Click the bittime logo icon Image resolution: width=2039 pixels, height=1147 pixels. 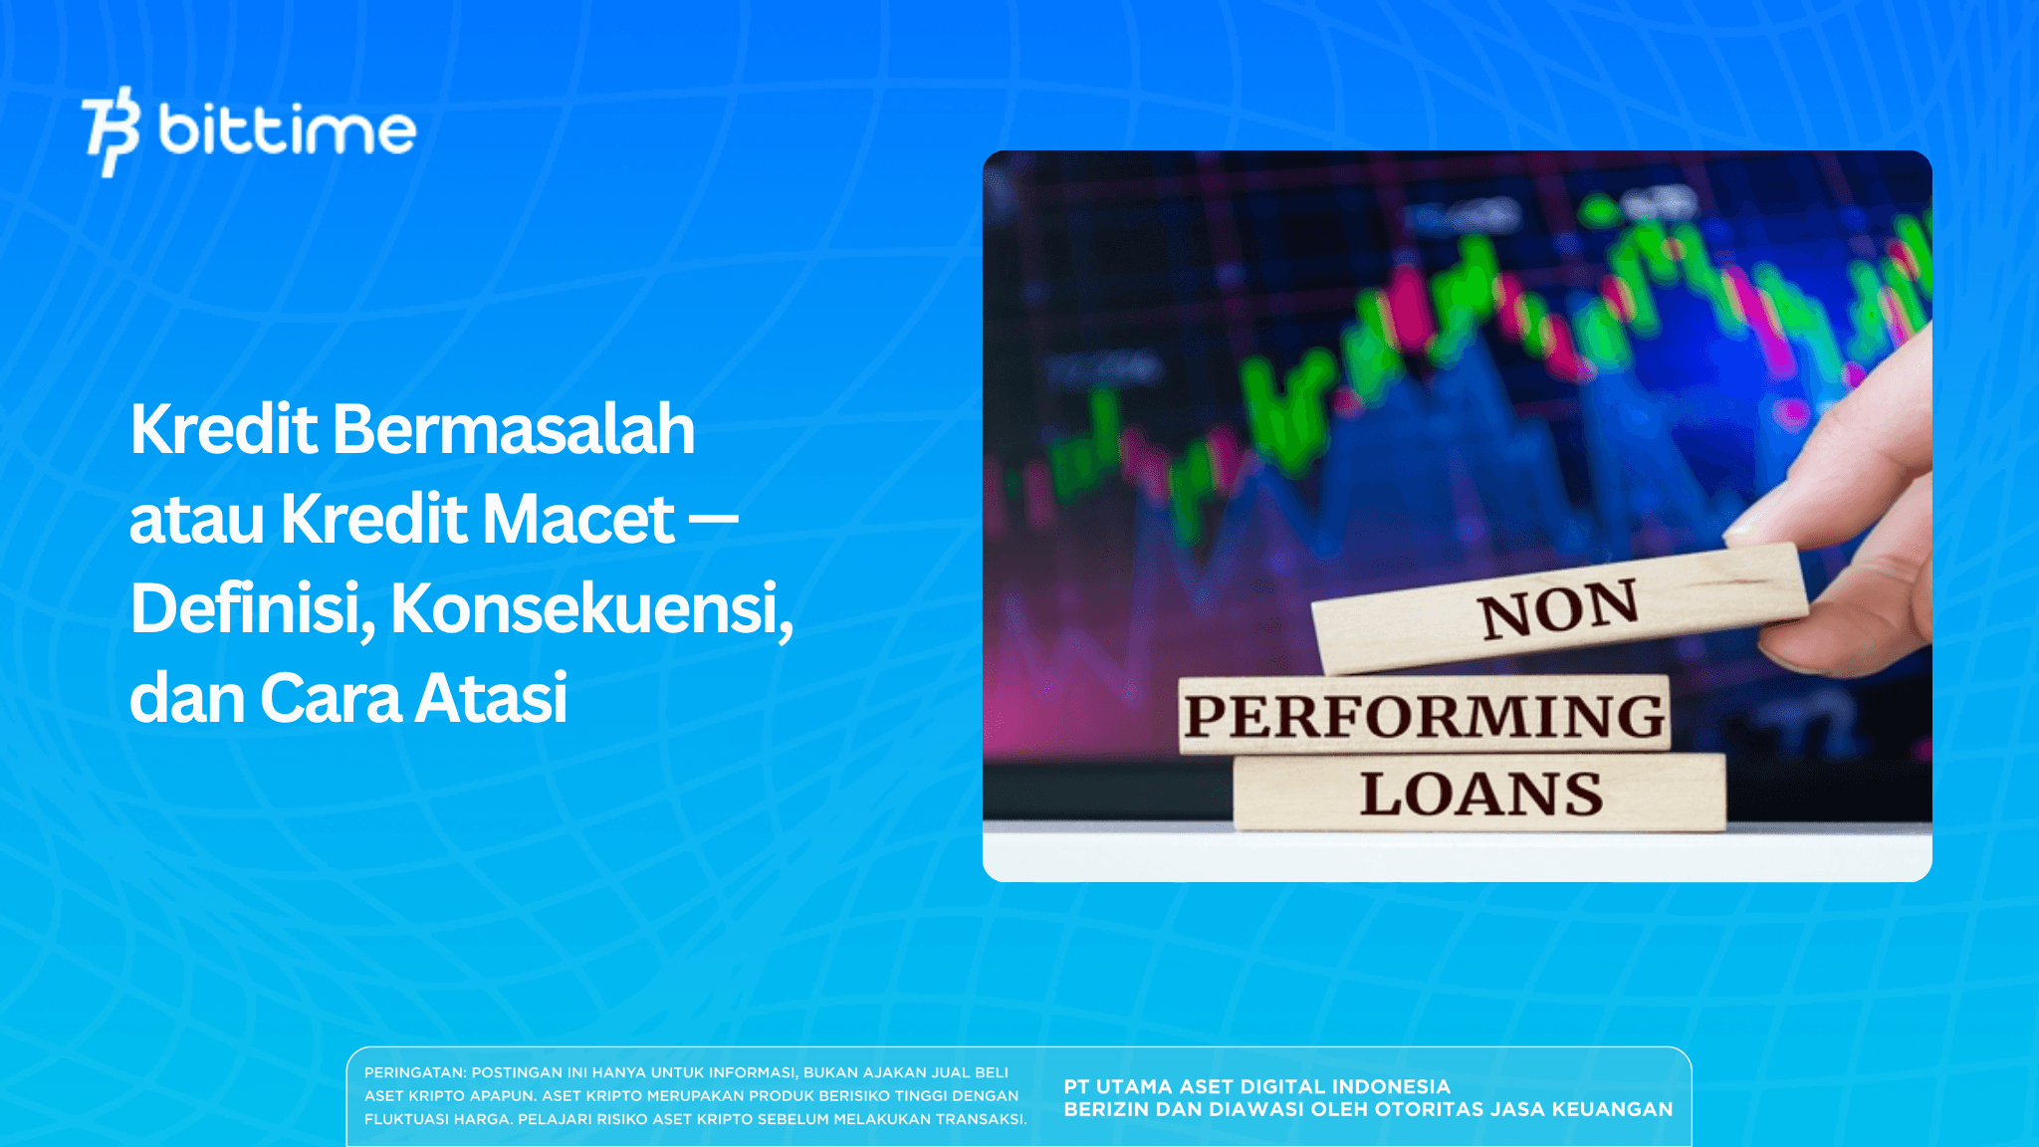110,131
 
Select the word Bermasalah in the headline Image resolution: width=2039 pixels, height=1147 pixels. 513,430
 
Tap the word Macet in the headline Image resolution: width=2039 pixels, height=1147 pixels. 577,520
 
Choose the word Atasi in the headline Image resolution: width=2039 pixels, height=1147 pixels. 491,698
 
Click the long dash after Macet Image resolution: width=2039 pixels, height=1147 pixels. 713,518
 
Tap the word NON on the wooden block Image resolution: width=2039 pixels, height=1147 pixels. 1558,609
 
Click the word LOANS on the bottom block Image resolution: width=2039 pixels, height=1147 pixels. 1481,795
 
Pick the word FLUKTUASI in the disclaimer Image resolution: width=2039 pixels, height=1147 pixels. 403,1119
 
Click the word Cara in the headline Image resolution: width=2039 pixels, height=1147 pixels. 330,698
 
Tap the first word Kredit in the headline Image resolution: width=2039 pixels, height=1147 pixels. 224,430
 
